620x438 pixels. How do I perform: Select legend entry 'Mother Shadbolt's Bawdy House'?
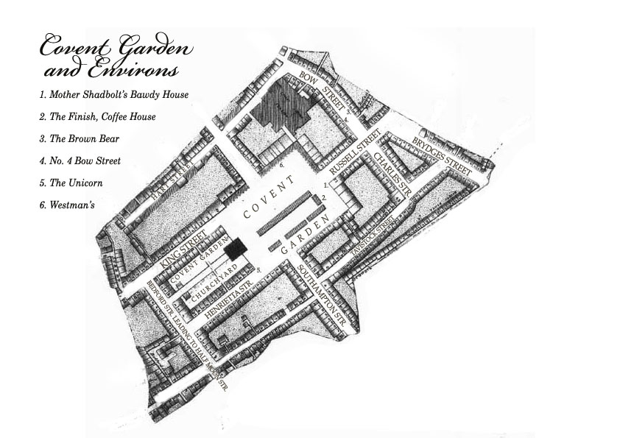pos(114,94)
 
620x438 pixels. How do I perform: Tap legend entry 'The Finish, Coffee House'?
pos(97,116)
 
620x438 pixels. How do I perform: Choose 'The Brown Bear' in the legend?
pos(80,138)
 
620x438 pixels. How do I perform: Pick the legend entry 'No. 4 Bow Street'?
pos(80,160)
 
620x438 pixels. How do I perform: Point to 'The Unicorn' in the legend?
pos(71,183)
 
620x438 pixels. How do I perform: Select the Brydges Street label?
pos(441,153)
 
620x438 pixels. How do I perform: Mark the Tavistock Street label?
pos(370,239)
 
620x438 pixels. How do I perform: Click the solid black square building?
pos(235,250)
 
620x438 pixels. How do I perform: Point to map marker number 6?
pos(282,166)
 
